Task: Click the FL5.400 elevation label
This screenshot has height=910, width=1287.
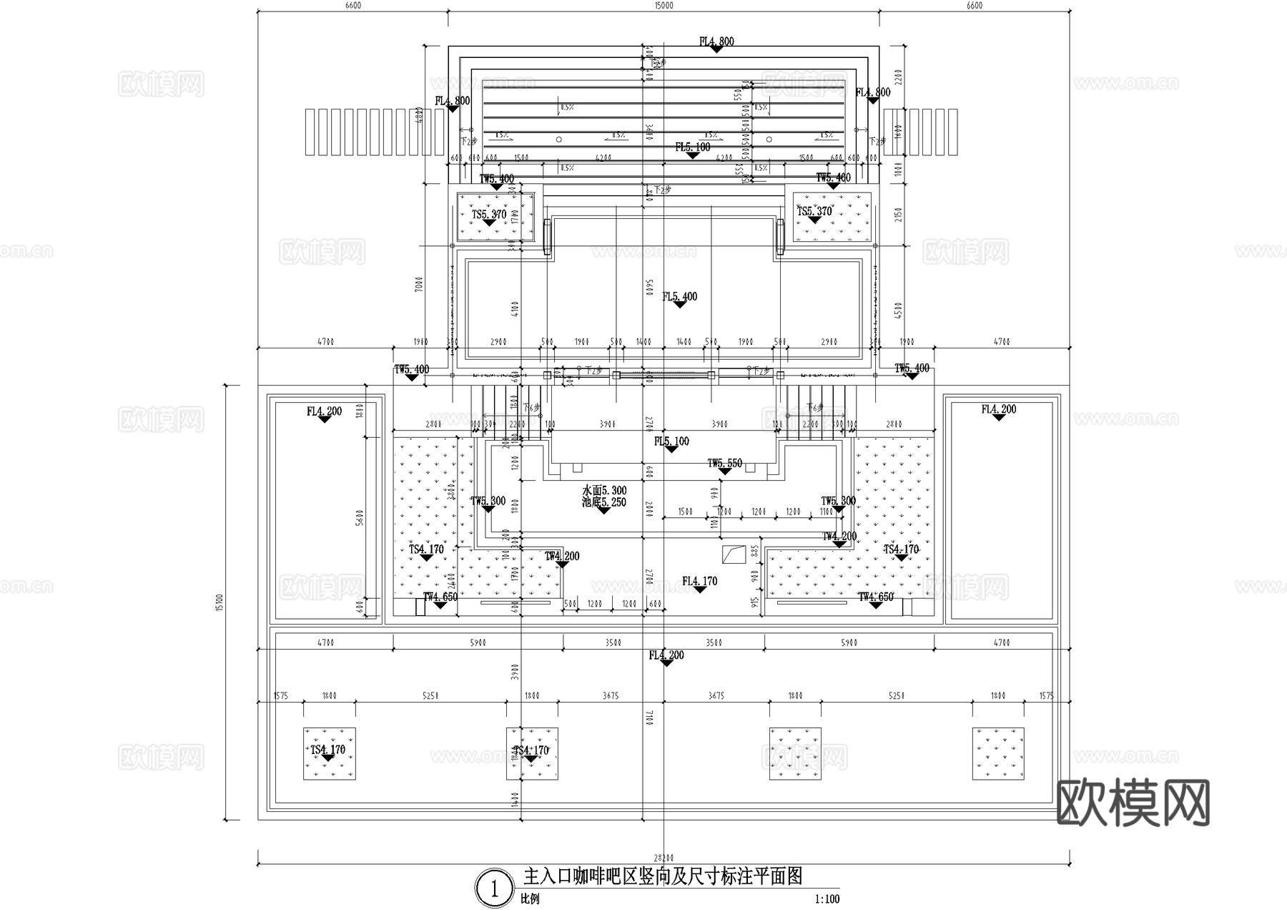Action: pyautogui.click(x=679, y=296)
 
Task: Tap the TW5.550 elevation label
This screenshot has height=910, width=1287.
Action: pyautogui.click(x=725, y=464)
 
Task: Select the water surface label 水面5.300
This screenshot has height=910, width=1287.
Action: pyautogui.click(x=604, y=491)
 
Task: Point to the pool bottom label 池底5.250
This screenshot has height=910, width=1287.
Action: pyautogui.click(x=604, y=502)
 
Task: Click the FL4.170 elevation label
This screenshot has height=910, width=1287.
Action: pyautogui.click(x=699, y=581)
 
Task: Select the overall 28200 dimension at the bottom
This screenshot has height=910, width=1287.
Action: pyautogui.click(x=664, y=857)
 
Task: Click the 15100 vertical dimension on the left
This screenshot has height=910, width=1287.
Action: pyautogui.click(x=220, y=602)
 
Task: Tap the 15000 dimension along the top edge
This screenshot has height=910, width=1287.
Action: pyautogui.click(x=664, y=6)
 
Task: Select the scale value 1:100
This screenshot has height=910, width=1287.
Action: pyautogui.click(x=827, y=899)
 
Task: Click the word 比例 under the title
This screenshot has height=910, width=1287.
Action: pyautogui.click(x=530, y=899)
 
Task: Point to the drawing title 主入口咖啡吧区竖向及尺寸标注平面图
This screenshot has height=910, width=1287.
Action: pyautogui.click(x=663, y=876)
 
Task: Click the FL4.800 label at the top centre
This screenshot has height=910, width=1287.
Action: pyautogui.click(x=716, y=41)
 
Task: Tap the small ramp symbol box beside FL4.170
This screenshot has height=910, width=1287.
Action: pyautogui.click(x=734, y=554)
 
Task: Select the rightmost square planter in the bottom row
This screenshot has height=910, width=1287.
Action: pyautogui.click(x=997, y=753)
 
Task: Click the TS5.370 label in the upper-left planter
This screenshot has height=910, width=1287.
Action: pyautogui.click(x=489, y=214)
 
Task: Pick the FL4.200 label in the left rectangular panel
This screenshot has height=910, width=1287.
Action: pyautogui.click(x=324, y=411)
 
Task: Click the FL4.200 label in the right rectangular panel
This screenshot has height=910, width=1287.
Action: pyautogui.click(x=998, y=409)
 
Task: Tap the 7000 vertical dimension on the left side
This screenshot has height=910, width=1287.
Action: pyautogui.click(x=419, y=284)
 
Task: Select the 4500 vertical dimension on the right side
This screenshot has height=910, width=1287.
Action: pyautogui.click(x=899, y=309)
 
